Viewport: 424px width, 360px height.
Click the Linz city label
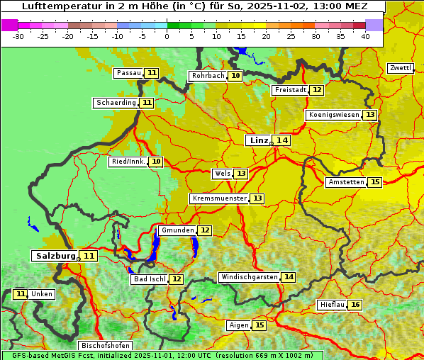(x=258, y=140)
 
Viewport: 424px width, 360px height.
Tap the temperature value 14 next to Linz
(x=282, y=140)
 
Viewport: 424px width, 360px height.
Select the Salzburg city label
(x=54, y=256)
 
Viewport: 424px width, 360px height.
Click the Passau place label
(x=129, y=73)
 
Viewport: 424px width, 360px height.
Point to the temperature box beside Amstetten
(x=375, y=182)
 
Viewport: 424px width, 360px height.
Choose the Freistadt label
(x=291, y=90)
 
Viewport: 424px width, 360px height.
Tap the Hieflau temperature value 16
(x=355, y=305)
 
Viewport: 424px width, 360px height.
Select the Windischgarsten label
(x=249, y=277)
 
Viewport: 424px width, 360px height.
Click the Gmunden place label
(x=177, y=230)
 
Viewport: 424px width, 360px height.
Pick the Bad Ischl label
(x=149, y=279)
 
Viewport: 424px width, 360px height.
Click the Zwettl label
(x=400, y=68)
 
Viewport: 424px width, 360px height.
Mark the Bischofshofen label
(x=105, y=346)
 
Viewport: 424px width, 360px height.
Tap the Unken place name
(x=42, y=294)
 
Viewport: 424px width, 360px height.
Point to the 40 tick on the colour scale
(x=365, y=35)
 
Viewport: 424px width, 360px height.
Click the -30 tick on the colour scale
(x=18, y=35)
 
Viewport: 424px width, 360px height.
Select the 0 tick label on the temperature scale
(x=167, y=35)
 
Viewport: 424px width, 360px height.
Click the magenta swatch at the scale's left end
(x=9, y=25)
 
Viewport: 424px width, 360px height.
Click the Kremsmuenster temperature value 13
(x=257, y=198)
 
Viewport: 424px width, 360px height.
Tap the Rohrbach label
(x=207, y=76)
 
